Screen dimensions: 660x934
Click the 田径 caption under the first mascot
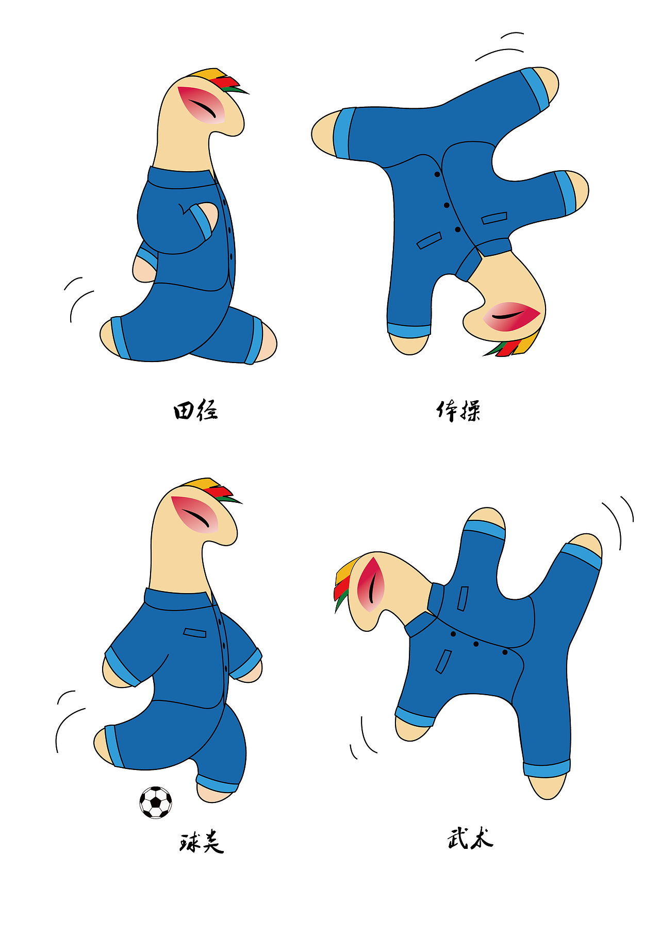(x=195, y=411)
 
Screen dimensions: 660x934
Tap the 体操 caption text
(x=458, y=411)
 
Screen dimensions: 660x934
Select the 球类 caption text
(x=202, y=842)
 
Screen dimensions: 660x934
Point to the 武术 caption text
(x=470, y=838)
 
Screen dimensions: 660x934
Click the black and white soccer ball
(x=156, y=802)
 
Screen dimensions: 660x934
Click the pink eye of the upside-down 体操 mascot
(x=511, y=316)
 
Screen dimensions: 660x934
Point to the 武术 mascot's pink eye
(x=371, y=584)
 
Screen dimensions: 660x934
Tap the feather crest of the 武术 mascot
(x=344, y=582)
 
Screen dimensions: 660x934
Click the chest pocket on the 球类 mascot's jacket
(x=194, y=632)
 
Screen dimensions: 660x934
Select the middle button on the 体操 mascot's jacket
(x=447, y=205)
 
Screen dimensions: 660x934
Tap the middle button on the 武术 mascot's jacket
(x=476, y=644)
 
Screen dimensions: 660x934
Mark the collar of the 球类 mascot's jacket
(x=178, y=600)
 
